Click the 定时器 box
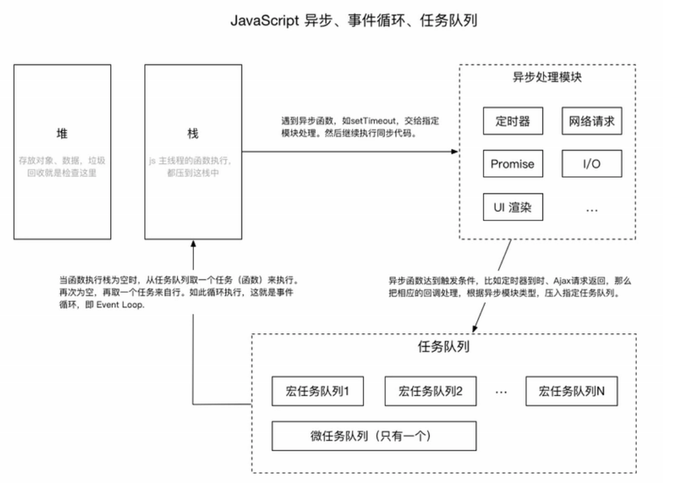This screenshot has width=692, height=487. (x=513, y=121)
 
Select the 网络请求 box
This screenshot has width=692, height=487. (x=591, y=121)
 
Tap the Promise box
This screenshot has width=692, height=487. (x=513, y=164)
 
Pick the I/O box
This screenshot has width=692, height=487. (x=591, y=164)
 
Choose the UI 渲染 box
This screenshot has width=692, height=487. (x=513, y=207)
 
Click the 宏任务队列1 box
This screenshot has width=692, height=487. (x=318, y=391)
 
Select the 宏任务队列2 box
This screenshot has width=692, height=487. (x=430, y=391)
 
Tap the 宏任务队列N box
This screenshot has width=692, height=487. (x=571, y=391)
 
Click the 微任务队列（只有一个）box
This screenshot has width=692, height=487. (x=374, y=436)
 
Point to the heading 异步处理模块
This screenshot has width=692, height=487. (x=548, y=78)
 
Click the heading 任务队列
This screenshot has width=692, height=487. (x=444, y=348)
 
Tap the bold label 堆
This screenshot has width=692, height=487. (x=62, y=134)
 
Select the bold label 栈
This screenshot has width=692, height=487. (x=193, y=134)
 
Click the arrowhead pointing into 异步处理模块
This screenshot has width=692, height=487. (x=455, y=151)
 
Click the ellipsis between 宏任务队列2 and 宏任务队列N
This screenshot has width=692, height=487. (x=501, y=393)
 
